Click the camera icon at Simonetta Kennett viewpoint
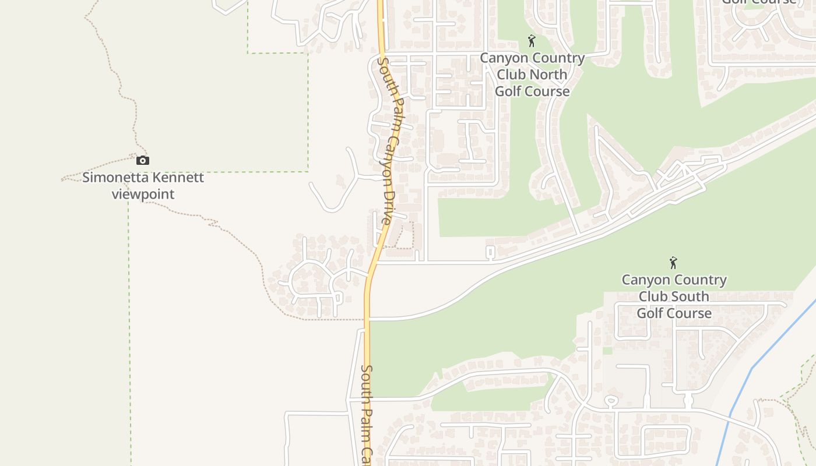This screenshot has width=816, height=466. pos(143,160)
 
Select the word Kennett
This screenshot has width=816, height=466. pos(177,177)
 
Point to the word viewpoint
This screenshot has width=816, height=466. pos(143,194)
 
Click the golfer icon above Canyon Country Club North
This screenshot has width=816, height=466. pos(532,41)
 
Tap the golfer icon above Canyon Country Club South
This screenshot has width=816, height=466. pos(674,263)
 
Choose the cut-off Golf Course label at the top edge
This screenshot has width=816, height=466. pos(759,2)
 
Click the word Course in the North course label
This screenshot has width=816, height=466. pos(548,91)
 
